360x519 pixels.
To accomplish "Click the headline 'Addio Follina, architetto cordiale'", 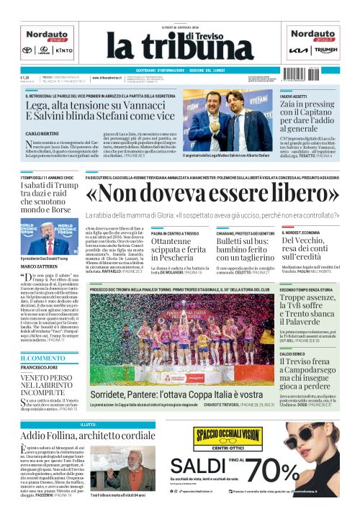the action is click(87, 436).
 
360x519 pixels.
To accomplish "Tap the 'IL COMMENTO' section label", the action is click(43, 358).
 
